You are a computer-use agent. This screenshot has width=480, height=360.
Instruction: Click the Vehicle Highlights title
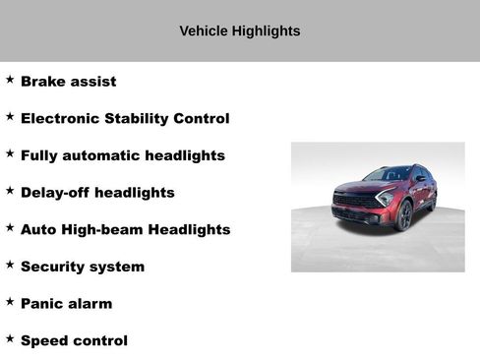pos(239,31)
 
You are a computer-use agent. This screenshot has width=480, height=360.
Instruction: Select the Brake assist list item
pos(68,82)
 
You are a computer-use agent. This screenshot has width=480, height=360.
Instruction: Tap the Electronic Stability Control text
pos(125,119)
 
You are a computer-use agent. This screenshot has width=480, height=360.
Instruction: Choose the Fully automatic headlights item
pos(122,155)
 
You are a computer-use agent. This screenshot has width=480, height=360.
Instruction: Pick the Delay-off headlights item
pos(97,193)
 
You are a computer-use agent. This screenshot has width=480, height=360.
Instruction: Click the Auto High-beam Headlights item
pos(125,229)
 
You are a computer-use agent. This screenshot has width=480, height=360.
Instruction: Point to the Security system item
pos(82,267)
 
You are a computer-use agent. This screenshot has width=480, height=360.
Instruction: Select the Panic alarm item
pos(66,304)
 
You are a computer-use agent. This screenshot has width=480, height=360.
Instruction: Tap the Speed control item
pos(74,341)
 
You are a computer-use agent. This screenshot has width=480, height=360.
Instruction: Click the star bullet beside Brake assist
pos(10,80)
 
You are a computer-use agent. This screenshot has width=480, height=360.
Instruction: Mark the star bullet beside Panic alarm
pos(10,302)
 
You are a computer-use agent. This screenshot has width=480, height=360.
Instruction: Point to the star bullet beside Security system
pos(10,265)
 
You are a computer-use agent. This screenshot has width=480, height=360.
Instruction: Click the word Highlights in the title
pos(266,31)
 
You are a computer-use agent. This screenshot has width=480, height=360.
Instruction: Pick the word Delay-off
pos(58,193)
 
